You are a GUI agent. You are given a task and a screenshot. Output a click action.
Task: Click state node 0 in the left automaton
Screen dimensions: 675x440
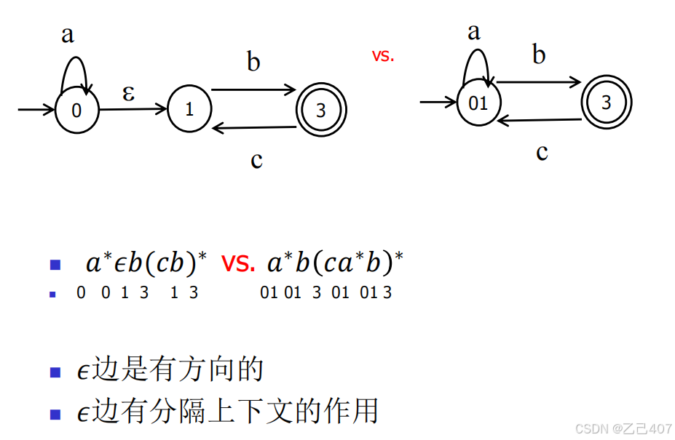tap(76, 111)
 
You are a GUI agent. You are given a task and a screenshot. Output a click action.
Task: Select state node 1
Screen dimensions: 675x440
tap(189, 111)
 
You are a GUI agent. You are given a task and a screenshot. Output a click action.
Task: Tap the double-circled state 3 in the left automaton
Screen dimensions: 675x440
tap(320, 111)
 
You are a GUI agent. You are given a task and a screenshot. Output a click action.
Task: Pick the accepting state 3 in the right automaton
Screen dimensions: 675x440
tap(606, 103)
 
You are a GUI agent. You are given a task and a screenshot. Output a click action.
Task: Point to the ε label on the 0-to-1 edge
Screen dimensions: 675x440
tap(128, 93)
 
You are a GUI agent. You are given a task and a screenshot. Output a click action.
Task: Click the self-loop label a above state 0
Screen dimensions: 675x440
tap(68, 34)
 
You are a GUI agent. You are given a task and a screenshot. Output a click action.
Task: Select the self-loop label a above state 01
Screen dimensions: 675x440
tap(474, 31)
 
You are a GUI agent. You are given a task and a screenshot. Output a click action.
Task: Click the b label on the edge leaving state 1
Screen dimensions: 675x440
tap(253, 63)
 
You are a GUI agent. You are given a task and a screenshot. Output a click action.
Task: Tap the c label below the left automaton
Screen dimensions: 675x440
tap(256, 159)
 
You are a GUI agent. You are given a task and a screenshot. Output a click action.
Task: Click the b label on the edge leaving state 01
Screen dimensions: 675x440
tap(539, 55)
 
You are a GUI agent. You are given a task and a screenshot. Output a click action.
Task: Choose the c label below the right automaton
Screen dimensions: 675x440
tap(542, 152)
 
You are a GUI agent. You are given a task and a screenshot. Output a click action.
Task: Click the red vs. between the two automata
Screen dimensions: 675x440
tap(382, 56)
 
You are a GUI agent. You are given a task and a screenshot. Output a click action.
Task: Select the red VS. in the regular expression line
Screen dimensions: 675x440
tap(238, 263)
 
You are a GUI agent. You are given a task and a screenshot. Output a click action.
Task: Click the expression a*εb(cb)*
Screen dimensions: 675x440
tap(146, 263)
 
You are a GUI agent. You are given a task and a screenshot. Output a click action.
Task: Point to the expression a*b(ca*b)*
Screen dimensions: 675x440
tap(336, 263)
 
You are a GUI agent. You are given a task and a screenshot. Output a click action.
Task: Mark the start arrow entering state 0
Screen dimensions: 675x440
tap(36, 111)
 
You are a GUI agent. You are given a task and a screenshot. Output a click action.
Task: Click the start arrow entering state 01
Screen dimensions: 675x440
tap(438, 103)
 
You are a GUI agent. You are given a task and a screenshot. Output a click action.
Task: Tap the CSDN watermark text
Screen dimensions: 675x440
tap(623, 428)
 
